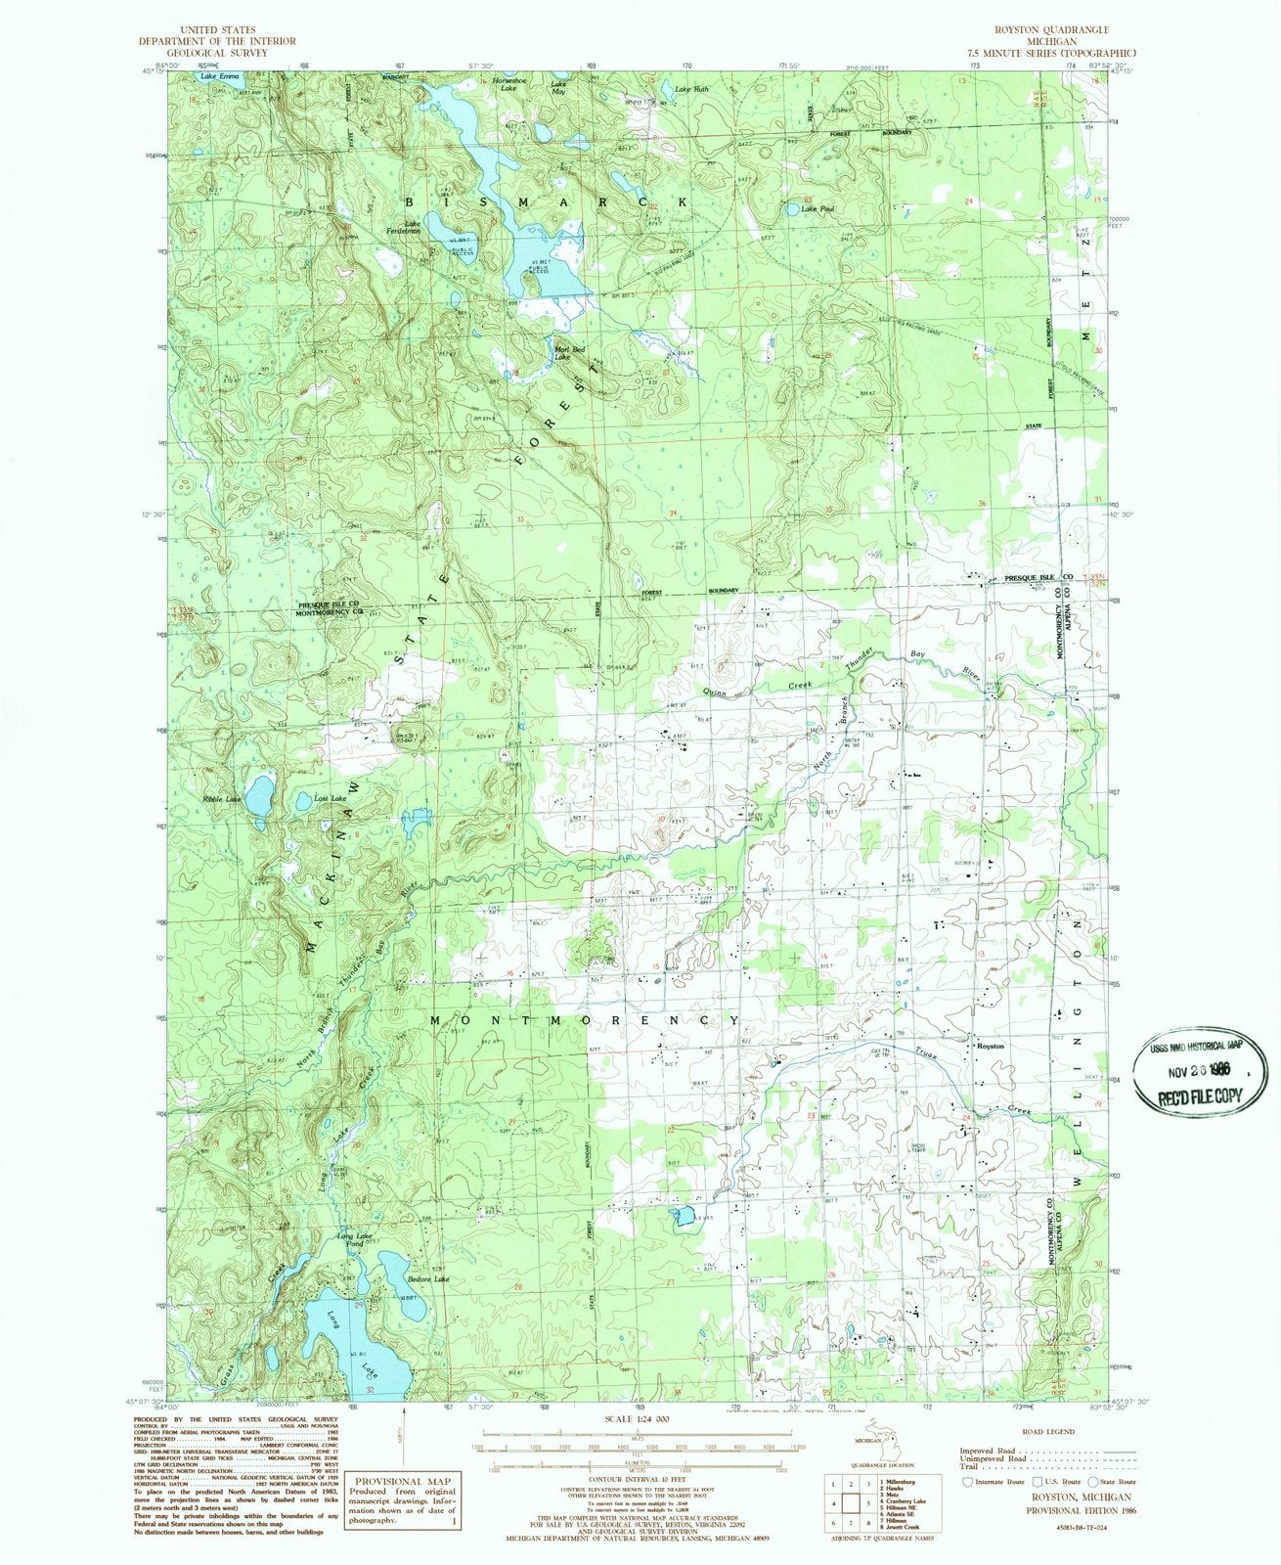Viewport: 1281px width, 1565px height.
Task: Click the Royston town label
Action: (x=992, y=1047)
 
